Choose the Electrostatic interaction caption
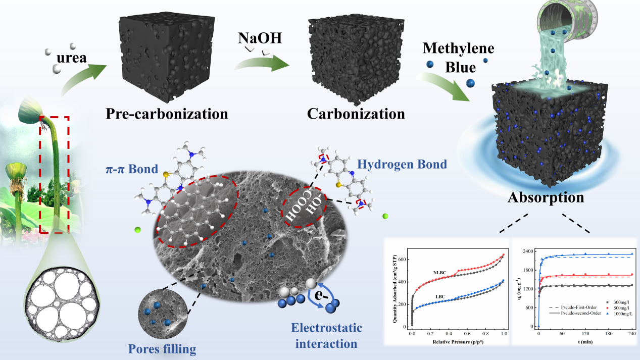point(326,336)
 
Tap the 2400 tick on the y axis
point(527,251)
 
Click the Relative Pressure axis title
point(458,342)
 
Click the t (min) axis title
point(584,341)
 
